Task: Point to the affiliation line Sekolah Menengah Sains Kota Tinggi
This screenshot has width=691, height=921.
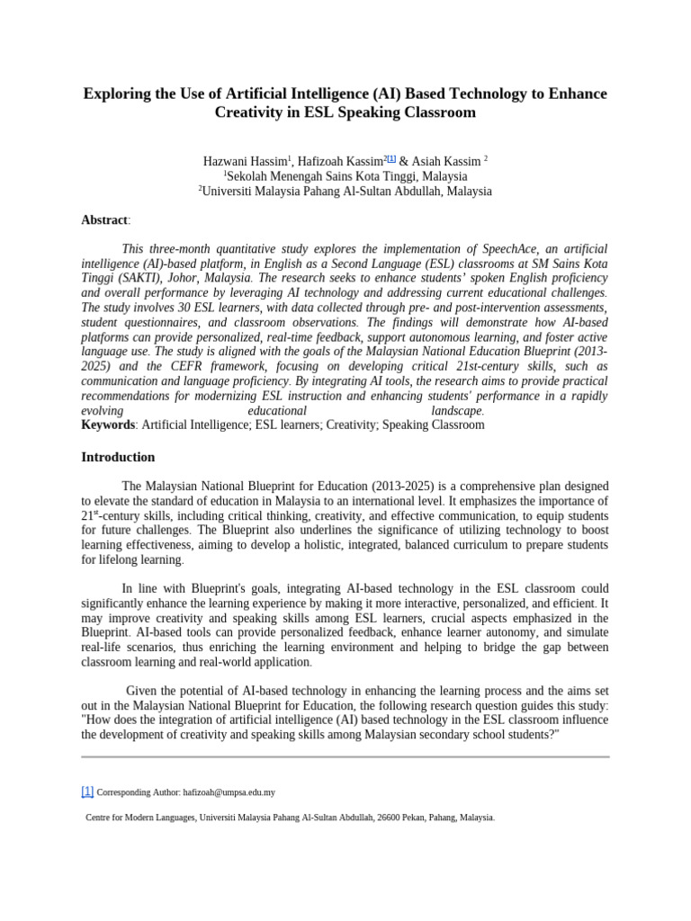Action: click(x=346, y=176)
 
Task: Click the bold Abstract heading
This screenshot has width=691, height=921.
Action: click(x=104, y=220)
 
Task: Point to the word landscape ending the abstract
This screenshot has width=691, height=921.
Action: click(x=456, y=410)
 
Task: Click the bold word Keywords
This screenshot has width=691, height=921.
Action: click(x=108, y=425)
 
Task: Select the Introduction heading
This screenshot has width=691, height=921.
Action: click(x=118, y=457)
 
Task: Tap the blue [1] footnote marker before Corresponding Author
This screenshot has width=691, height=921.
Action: click(x=87, y=791)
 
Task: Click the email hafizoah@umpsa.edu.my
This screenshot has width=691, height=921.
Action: click(x=229, y=792)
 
